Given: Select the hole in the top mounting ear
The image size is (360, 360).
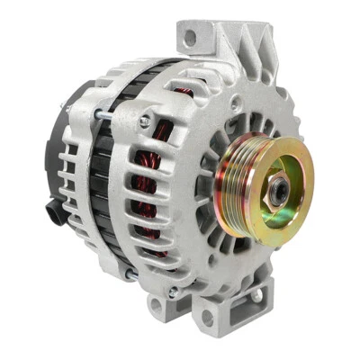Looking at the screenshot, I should (190, 37).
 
